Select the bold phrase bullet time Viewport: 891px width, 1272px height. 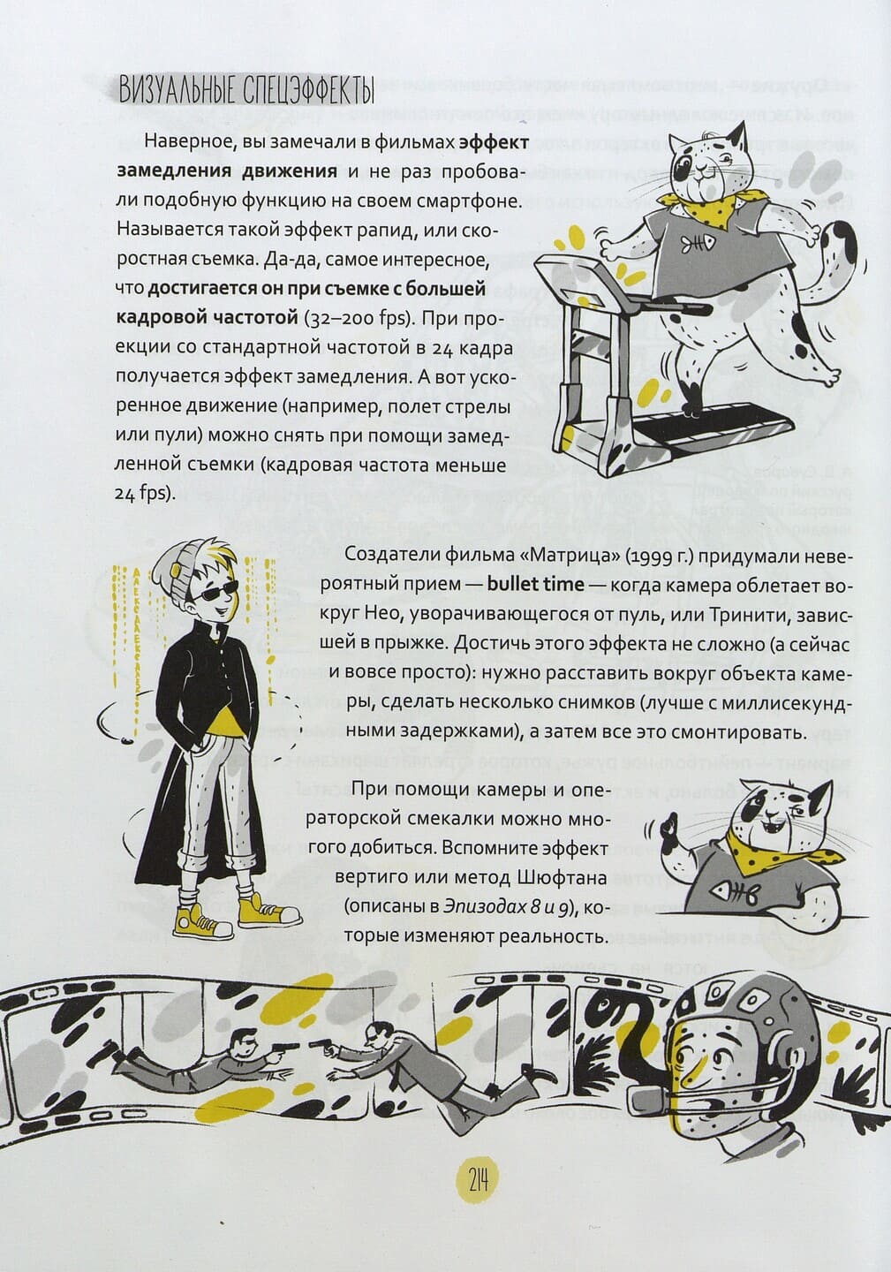pos(535,585)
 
